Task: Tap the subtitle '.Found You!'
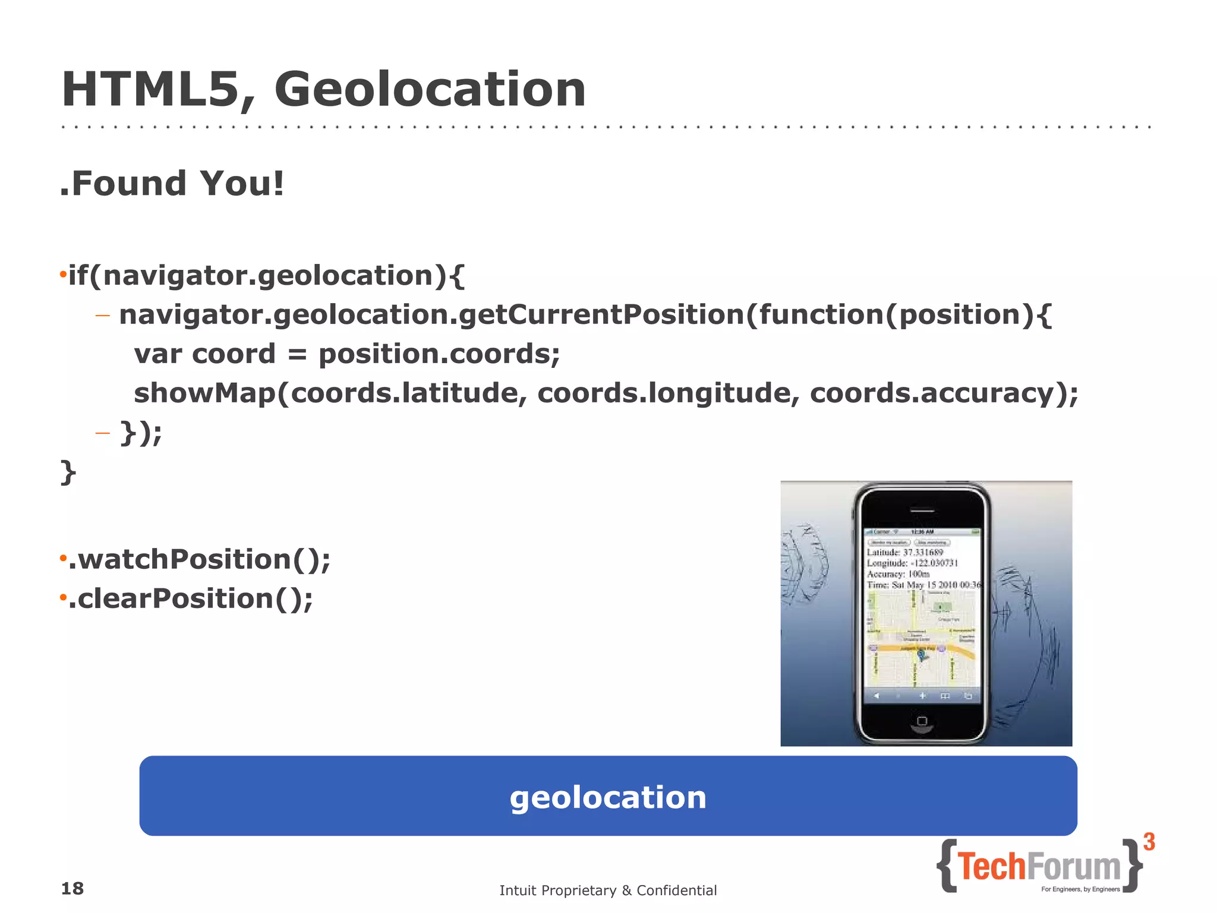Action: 172,183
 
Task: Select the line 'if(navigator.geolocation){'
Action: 266,276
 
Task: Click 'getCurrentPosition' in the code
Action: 601,314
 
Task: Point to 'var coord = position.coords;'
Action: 347,354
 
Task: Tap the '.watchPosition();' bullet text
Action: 199,559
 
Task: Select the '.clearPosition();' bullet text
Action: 190,599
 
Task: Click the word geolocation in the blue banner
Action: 608,797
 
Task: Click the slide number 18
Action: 72,889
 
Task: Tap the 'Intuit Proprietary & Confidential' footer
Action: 608,890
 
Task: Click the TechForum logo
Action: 1039,867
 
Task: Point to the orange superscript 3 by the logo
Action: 1149,842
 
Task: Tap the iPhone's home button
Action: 922,721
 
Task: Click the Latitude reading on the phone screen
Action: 905,552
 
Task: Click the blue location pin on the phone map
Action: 921,654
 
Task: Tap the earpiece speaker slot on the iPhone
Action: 922,510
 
